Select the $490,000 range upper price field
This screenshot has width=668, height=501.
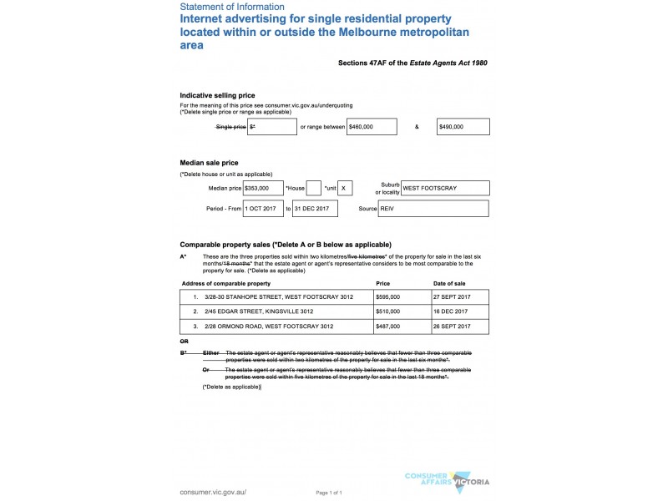click(x=463, y=127)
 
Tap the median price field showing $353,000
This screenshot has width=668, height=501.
click(x=263, y=189)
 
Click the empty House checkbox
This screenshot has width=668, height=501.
click(x=314, y=189)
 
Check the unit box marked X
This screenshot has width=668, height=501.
click(x=347, y=189)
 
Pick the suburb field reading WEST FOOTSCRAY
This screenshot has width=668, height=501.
click(x=445, y=189)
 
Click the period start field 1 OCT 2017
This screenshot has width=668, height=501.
click(x=264, y=209)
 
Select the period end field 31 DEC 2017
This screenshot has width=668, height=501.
click(x=315, y=209)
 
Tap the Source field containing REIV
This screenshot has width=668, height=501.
click(x=433, y=209)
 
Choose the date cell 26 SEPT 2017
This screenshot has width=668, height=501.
click(x=459, y=326)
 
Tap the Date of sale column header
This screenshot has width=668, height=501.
click(x=448, y=283)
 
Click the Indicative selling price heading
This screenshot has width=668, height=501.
click(x=218, y=96)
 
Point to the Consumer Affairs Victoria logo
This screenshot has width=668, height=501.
click(x=446, y=480)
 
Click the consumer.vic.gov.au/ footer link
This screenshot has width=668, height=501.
click(x=213, y=492)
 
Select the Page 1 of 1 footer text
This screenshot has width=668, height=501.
click(x=330, y=493)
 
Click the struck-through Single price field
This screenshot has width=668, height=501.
click(x=272, y=127)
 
